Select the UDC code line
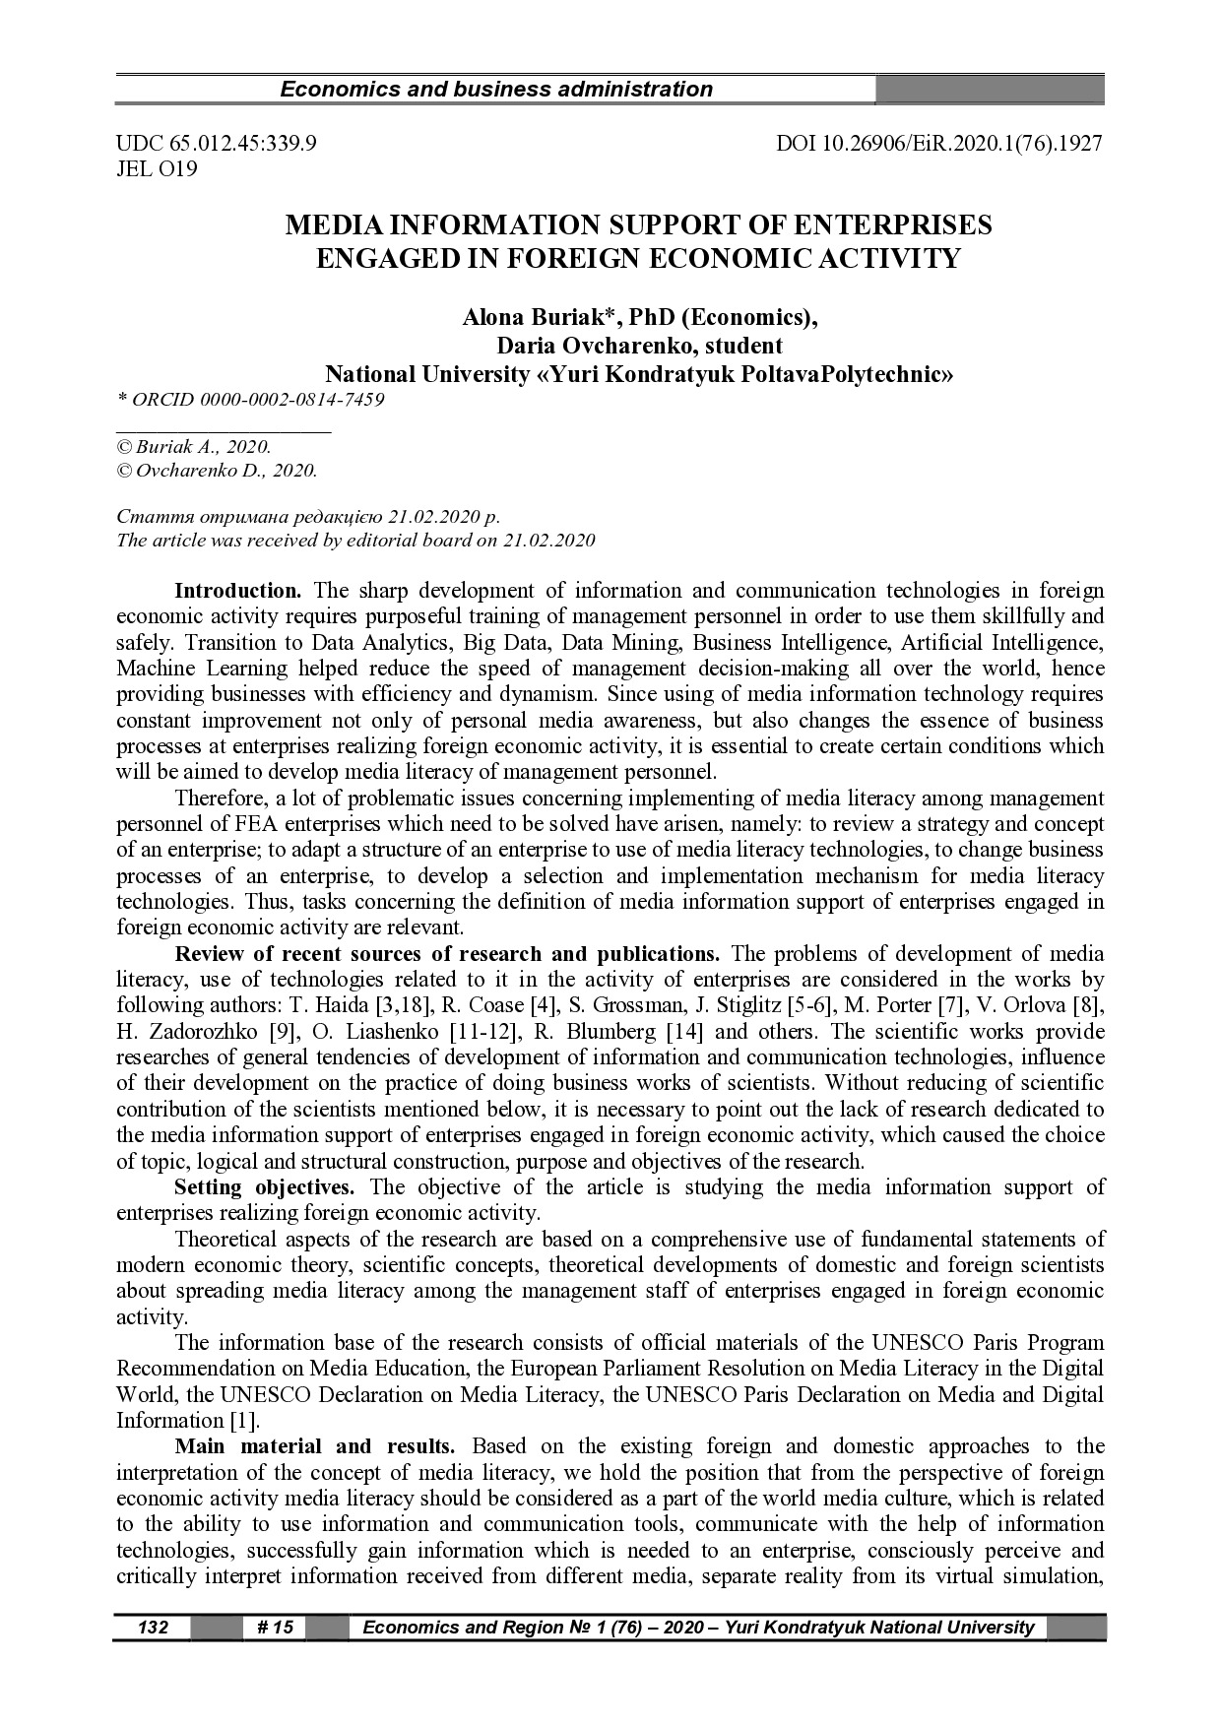click(216, 144)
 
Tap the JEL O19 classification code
click(157, 169)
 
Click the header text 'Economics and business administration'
click(496, 90)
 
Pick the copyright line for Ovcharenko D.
click(217, 471)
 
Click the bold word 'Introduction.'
click(237, 591)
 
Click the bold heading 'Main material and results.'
click(314, 1446)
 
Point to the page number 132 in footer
click(153, 1628)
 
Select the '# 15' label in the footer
click(275, 1628)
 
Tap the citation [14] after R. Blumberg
click(684, 1032)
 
